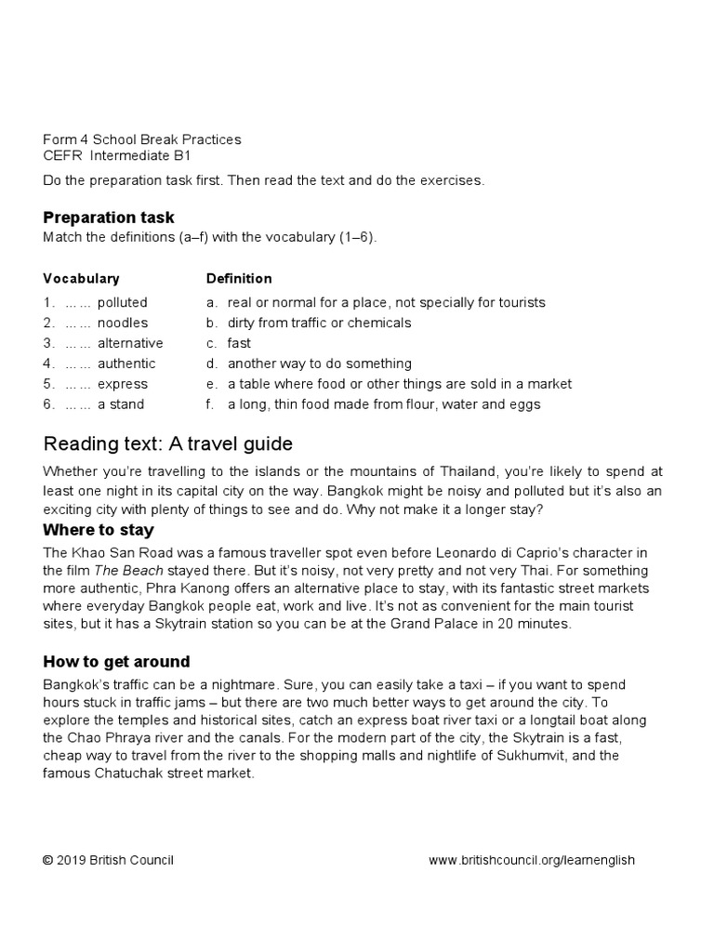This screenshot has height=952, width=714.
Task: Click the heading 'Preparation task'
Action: point(108,218)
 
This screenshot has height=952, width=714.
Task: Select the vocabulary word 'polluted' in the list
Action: point(122,303)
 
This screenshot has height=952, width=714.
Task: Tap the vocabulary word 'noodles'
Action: point(122,324)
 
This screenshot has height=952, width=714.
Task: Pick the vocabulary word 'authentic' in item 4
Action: point(126,364)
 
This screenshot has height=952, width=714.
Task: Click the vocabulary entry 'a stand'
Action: point(121,404)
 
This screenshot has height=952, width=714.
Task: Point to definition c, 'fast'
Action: point(239,343)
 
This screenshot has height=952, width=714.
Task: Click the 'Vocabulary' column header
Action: point(81,279)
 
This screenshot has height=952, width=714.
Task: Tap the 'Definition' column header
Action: point(239,279)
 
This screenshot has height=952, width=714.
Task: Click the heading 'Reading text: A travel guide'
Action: point(168,443)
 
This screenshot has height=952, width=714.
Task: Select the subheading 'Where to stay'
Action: point(99,530)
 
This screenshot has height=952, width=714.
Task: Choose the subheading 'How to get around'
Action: point(116,662)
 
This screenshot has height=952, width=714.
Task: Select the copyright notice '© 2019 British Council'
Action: point(108,860)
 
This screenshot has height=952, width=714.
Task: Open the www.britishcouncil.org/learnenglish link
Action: point(531,860)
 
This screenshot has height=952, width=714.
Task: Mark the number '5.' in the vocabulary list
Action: point(48,384)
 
